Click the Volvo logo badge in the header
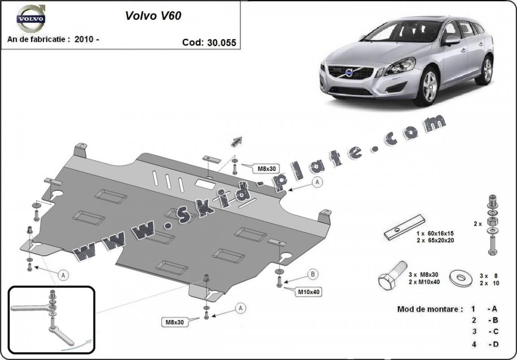(x=31, y=18)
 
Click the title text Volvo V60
(x=153, y=16)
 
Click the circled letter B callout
(x=313, y=274)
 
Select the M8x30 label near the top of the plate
(x=266, y=169)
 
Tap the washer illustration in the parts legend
(x=461, y=278)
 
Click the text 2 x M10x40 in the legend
(x=425, y=282)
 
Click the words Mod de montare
(x=429, y=309)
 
